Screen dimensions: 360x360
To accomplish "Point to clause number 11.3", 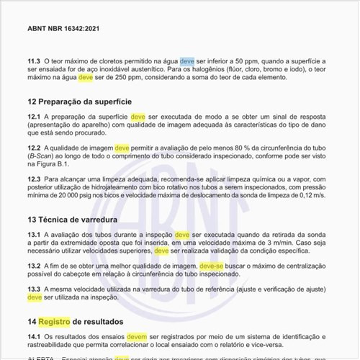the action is point(34,62).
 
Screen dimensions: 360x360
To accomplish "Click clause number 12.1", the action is point(34,117).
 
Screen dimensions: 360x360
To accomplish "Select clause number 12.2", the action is point(34,148).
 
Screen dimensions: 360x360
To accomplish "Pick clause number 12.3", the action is point(34,179).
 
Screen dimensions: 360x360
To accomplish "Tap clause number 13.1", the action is point(34,235).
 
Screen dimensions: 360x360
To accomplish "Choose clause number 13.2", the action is point(34,266).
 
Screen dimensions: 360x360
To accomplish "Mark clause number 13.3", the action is point(34,289).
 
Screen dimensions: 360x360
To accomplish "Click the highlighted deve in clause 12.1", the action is point(138,117).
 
